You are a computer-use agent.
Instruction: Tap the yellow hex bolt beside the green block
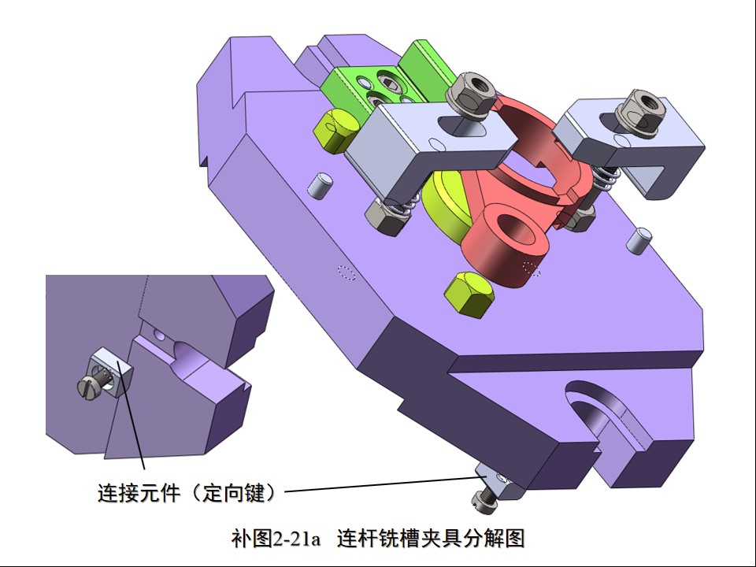(335, 130)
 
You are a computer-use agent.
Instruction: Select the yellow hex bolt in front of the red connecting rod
(469, 294)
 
